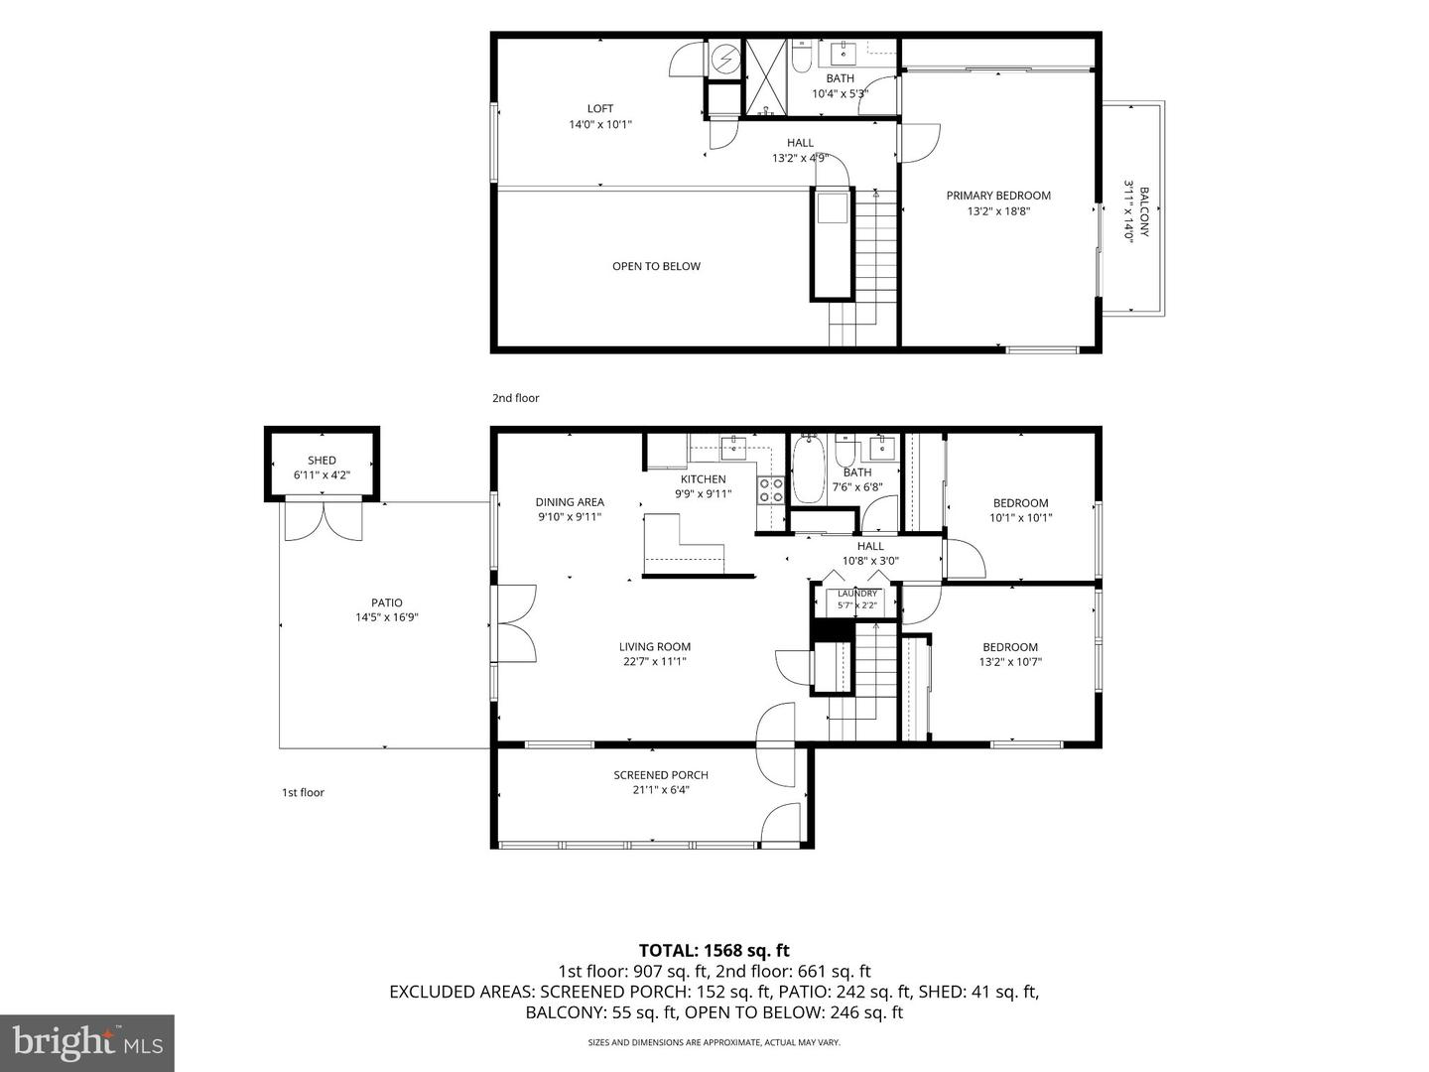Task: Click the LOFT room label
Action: pyautogui.click(x=600, y=109)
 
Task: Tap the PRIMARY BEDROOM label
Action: pyautogui.click(x=998, y=196)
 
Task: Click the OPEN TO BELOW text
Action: pyautogui.click(x=656, y=266)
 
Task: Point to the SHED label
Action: pyautogui.click(x=322, y=461)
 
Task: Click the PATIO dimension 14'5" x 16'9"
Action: pyautogui.click(x=387, y=617)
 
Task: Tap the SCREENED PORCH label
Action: pyautogui.click(x=661, y=775)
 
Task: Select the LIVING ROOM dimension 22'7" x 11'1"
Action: pyautogui.click(x=654, y=662)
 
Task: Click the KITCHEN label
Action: pyautogui.click(x=704, y=479)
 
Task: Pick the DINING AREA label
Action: pyautogui.click(x=570, y=502)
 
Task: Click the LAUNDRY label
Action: pyautogui.click(x=857, y=594)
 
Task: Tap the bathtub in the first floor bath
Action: pyautogui.click(x=809, y=470)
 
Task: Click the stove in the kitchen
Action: pyautogui.click(x=771, y=490)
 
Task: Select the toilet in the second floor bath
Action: pyautogui.click(x=801, y=56)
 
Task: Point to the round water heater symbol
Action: pyautogui.click(x=724, y=60)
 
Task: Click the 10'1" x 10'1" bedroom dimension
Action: pyautogui.click(x=1020, y=518)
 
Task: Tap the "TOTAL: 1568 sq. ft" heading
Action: pyautogui.click(x=714, y=951)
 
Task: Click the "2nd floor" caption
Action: pyautogui.click(x=516, y=398)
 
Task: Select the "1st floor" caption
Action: pyautogui.click(x=303, y=792)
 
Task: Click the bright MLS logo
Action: pyautogui.click(x=87, y=1043)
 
